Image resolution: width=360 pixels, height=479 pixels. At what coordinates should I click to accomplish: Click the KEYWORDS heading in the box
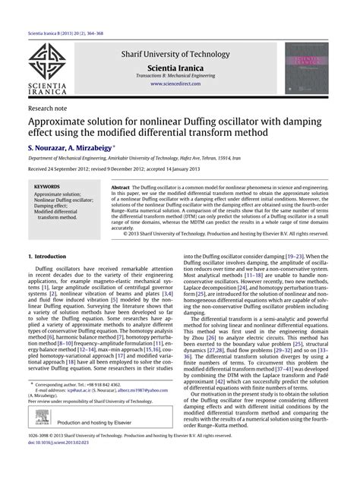[48, 186]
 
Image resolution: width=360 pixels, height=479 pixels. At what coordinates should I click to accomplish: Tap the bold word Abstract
[122, 186]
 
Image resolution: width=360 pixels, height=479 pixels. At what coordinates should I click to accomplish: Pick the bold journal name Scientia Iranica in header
[178, 67]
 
